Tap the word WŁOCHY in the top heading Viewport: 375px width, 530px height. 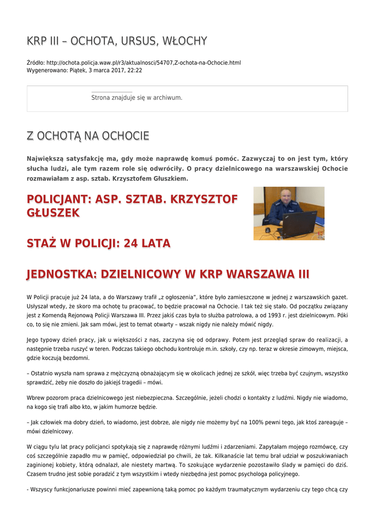185,41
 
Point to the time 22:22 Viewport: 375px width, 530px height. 135,70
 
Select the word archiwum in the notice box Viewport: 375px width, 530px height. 167,97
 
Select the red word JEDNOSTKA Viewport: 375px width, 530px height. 59,274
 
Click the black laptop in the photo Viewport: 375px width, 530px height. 297,224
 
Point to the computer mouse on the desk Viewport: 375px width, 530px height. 268,229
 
